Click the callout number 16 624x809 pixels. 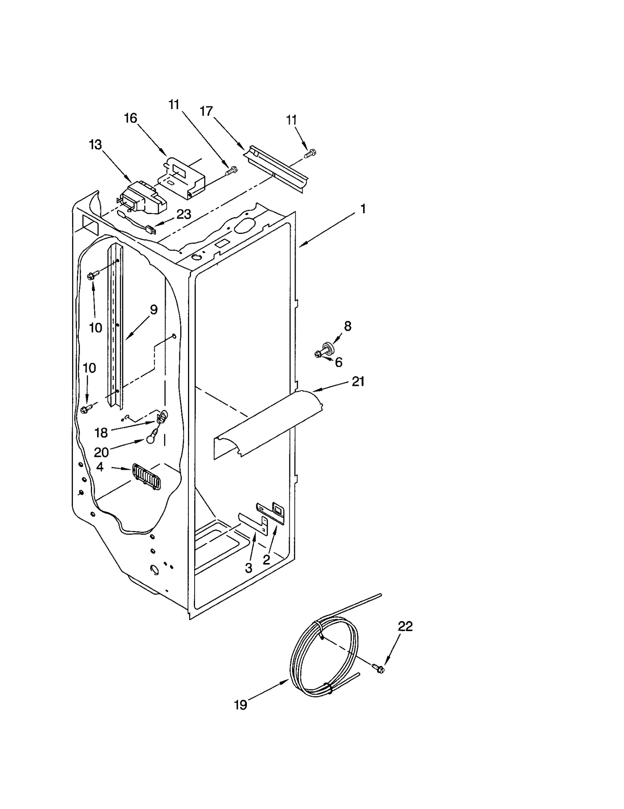[131, 118]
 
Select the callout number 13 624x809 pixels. [95, 145]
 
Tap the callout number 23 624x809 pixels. [184, 214]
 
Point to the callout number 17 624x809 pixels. [206, 111]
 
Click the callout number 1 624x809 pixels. [363, 209]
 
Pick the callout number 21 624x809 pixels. [358, 381]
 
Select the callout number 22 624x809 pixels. [405, 626]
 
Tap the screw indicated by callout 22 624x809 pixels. [378, 668]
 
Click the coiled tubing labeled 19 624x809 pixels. [324, 659]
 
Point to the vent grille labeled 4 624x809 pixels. [146, 476]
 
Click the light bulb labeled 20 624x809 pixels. [151, 439]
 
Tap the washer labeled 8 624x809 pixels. [327, 346]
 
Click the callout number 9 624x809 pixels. [154, 310]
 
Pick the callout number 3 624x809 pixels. [249, 568]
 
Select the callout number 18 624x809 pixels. [101, 432]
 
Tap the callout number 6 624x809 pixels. [339, 363]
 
